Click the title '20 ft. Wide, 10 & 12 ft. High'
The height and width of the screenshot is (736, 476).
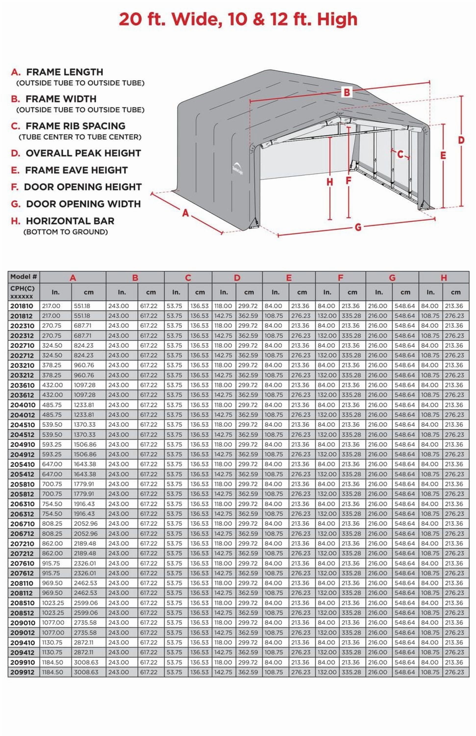[238, 19]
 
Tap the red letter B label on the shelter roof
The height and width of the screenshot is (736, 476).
[347, 92]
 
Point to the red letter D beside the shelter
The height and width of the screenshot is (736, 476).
[461, 140]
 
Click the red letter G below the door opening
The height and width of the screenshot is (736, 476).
[358, 227]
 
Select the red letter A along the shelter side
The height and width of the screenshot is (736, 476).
[185, 213]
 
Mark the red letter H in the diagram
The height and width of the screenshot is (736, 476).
[330, 182]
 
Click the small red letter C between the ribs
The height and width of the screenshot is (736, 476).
[400, 154]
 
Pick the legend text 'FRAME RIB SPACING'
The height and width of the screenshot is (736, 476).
[75, 126]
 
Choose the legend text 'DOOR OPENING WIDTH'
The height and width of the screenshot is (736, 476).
[83, 204]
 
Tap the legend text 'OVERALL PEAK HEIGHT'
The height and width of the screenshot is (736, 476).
[83, 153]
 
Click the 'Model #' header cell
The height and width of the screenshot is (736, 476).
[24, 276]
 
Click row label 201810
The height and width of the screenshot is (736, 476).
[22, 306]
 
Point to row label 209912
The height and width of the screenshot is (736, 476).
[22, 672]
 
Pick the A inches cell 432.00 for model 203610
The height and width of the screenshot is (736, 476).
[52, 385]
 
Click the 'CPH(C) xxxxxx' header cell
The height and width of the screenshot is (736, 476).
[23, 292]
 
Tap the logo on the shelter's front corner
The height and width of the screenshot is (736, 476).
[237, 169]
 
